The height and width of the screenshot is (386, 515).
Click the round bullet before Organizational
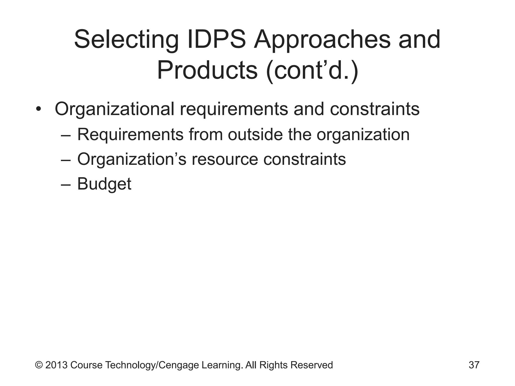38,110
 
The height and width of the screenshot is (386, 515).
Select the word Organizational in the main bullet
114,110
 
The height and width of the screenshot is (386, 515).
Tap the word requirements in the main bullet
234,110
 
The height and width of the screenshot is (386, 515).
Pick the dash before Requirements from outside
66,135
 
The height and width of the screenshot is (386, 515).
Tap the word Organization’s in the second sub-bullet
132,159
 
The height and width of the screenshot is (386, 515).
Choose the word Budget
104,184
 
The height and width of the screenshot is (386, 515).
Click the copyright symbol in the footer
39,365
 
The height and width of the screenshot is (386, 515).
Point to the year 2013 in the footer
56,365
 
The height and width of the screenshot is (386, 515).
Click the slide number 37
474,365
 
